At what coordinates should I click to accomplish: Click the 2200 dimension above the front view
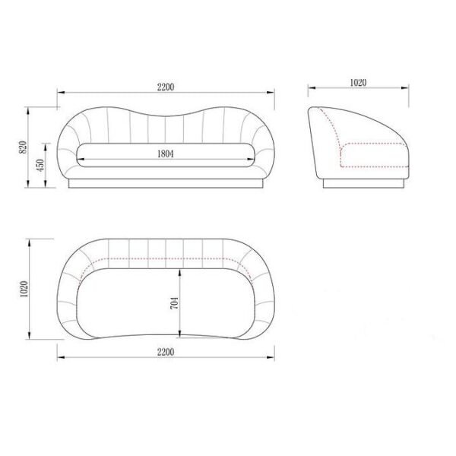coord(166,87)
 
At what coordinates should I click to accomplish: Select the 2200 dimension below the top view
coord(166,352)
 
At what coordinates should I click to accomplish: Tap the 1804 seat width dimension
coord(166,154)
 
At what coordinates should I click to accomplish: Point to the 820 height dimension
coord(23,147)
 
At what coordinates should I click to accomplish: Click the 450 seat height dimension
coord(40,165)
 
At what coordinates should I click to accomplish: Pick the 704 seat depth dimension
coord(174,302)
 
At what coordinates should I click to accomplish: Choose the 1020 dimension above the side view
coord(358,83)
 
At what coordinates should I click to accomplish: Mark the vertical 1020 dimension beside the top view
coord(24,289)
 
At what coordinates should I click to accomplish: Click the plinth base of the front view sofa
coord(166,183)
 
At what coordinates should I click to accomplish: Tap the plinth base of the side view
coord(363,183)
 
